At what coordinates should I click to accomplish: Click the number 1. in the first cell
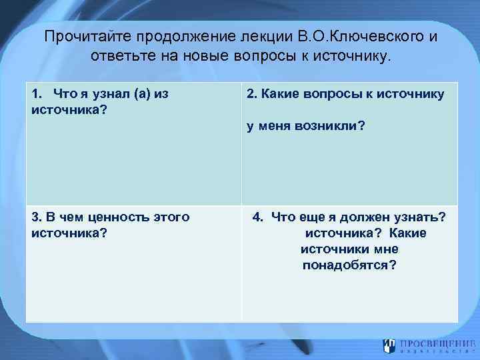pos(37,94)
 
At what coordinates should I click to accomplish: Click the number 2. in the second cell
pos(251,94)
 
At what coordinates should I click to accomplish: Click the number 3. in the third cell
pos(36,217)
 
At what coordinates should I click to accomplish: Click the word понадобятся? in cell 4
pos(349,265)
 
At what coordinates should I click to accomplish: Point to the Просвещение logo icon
pos(389,345)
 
